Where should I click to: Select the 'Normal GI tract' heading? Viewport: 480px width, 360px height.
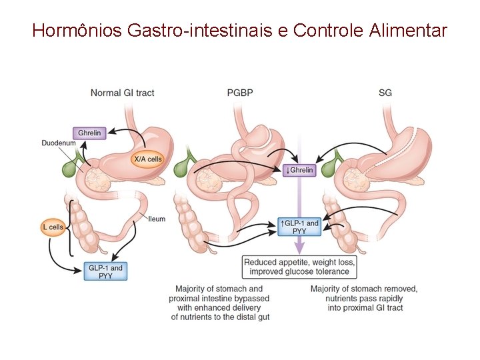(x=122, y=93)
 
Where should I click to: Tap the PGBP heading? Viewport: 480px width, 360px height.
(x=241, y=93)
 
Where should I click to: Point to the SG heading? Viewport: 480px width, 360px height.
(x=385, y=93)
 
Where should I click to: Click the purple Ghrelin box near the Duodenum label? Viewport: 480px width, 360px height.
(x=89, y=133)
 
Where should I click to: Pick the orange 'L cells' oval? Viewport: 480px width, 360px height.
(x=53, y=227)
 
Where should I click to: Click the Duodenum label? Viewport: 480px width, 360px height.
(x=57, y=143)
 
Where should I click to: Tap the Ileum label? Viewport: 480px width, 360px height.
(x=157, y=219)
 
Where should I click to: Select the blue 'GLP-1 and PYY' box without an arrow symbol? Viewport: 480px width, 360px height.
(x=105, y=271)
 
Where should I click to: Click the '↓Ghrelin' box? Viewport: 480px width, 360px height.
(x=298, y=170)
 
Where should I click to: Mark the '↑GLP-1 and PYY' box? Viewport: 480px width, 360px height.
(x=299, y=227)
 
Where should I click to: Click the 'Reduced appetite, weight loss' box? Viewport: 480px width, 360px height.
(x=299, y=267)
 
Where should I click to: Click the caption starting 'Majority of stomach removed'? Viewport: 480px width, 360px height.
(x=364, y=298)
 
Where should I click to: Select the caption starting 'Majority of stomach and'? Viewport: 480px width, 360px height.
(x=220, y=303)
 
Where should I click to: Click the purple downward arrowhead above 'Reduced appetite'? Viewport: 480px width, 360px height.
(x=299, y=248)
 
